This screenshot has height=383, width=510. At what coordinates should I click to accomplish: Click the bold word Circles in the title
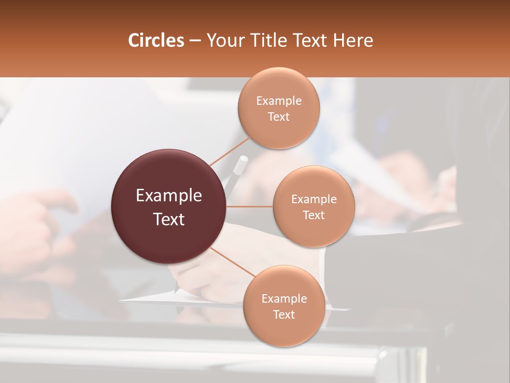click(x=156, y=40)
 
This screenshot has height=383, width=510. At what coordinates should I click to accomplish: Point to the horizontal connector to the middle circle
click(x=249, y=206)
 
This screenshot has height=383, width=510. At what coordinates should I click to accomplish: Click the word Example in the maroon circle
click(x=169, y=196)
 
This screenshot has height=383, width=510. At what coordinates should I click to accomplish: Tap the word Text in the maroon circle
click(x=169, y=219)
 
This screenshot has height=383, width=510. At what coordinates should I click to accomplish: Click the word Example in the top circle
click(x=279, y=101)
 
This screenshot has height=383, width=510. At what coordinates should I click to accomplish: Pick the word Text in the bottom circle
click(x=284, y=314)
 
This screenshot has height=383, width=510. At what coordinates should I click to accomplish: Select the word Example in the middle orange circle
click(x=314, y=199)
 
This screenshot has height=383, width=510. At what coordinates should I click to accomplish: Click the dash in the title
click(x=195, y=40)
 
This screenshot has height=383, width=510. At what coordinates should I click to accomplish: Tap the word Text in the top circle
click(x=278, y=117)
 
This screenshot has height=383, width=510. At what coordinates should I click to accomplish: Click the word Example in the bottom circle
click(x=284, y=299)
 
